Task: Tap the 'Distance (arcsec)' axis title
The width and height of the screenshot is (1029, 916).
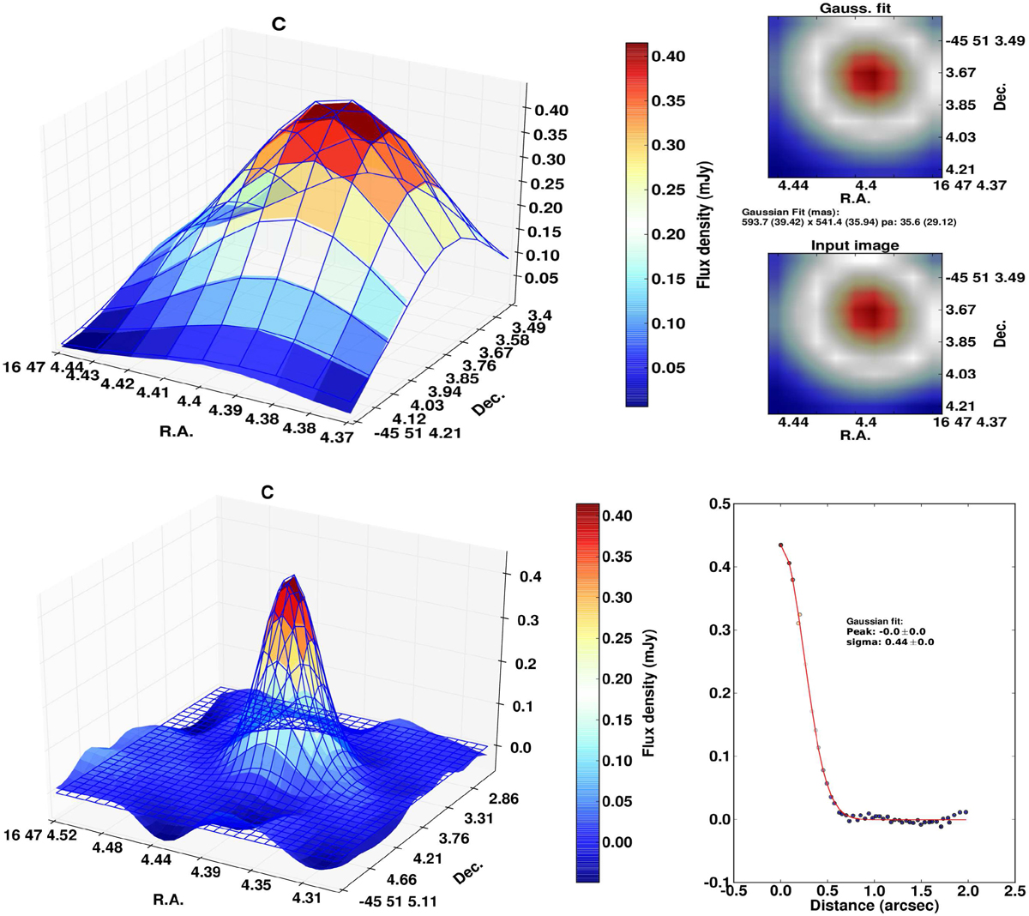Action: point(871,905)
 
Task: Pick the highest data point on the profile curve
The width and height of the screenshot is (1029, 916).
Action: point(780,545)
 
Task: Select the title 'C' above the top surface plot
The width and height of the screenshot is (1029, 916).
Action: point(278,25)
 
